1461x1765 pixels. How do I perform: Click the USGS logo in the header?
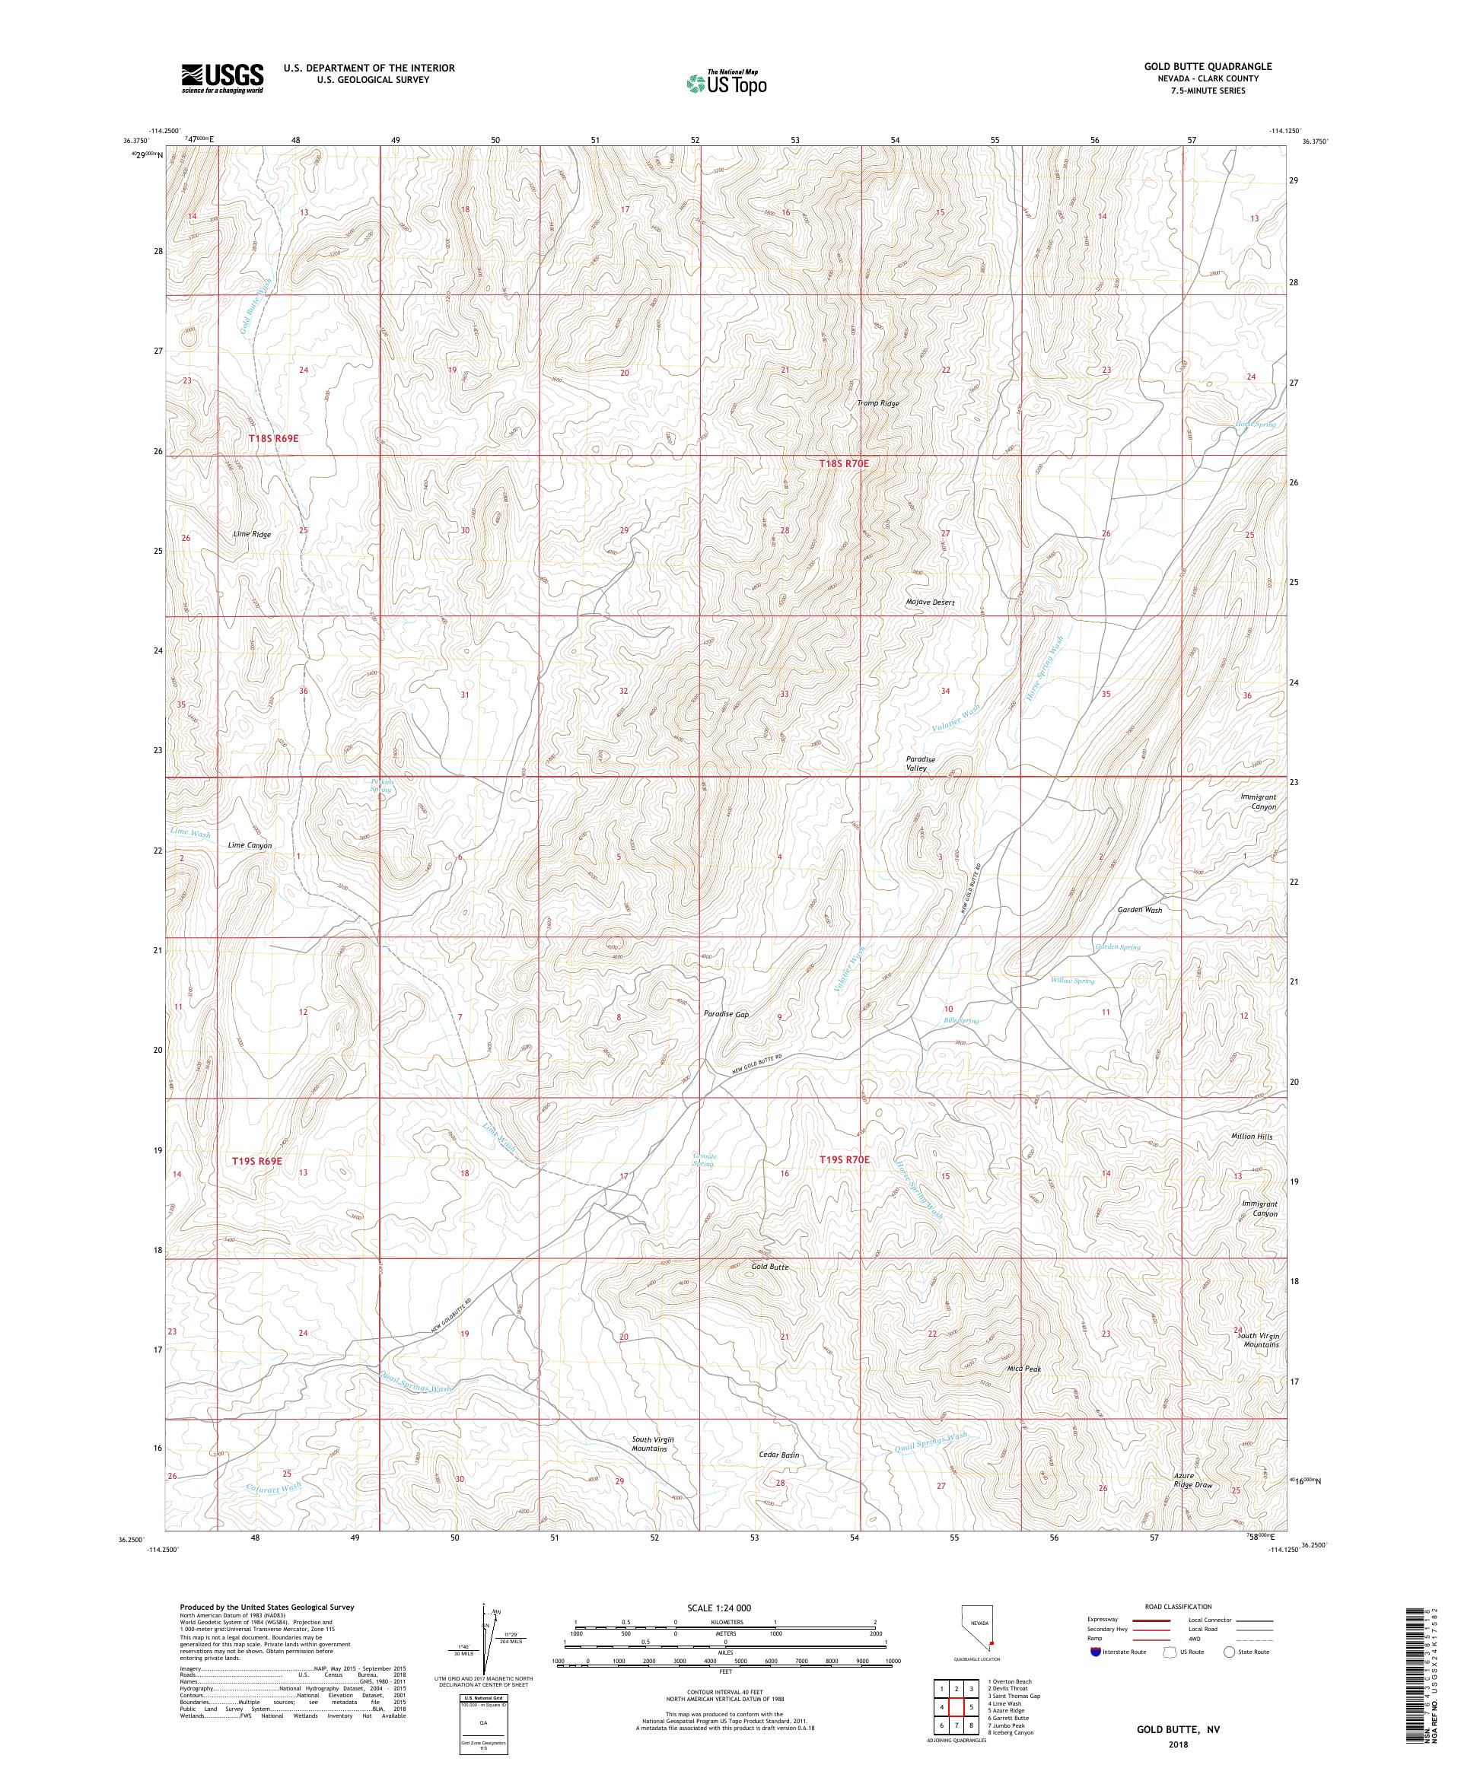(x=223, y=78)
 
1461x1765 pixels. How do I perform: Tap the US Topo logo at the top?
(x=727, y=82)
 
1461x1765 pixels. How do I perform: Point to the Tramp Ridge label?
(x=877, y=403)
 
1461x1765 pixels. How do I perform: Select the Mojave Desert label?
(x=930, y=603)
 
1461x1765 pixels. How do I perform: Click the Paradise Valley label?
(x=920, y=763)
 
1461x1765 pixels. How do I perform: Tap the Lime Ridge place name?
(x=251, y=534)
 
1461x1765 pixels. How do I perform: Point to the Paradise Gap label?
(x=726, y=1014)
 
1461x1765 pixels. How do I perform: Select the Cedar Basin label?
(x=778, y=1455)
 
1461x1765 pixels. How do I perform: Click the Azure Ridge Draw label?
(x=1194, y=1480)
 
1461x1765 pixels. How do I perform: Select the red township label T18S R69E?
(x=273, y=439)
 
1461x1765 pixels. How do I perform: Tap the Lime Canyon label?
(x=250, y=845)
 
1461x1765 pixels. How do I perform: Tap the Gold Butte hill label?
(x=770, y=1266)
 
